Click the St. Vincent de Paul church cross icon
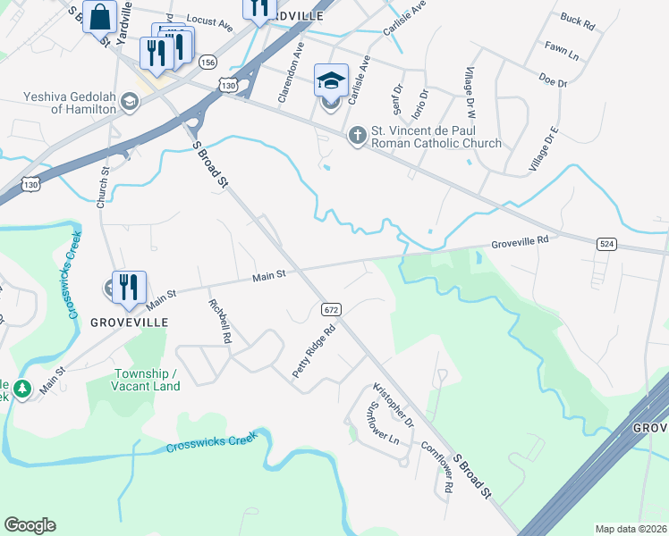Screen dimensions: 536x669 click(x=357, y=135)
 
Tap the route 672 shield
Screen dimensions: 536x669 click(x=331, y=309)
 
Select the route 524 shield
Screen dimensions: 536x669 click(x=606, y=243)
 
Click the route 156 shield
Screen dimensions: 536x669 click(x=207, y=62)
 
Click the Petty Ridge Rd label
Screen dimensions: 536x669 click(x=316, y=349)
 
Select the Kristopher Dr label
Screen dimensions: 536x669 click(x=394, y=404)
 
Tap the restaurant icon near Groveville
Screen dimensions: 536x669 click(x=129, y=287)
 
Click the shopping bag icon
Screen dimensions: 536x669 click(x=99, y=15)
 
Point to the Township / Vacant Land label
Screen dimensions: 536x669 click(x=148, y=380)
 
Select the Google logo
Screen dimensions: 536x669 click(x=30, y=525)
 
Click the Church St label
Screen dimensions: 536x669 click(x=104, y=184)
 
